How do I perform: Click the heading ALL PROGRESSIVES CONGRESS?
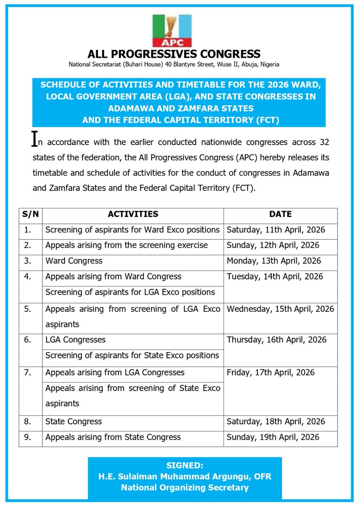pyautogui.click(x=174, y=54)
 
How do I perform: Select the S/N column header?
pyautogui.click(x=31, y=215)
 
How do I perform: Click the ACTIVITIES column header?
pyautogui.click(x=133, y=215)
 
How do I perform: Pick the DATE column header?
pyautogui.click(x=280, y=215)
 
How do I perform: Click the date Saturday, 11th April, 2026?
pyautogui.click(x=276, y=230)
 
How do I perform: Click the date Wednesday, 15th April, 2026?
pyautogui.click(x=280, y=309)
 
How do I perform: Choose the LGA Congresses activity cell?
pyautogui.click(x=76, y=340)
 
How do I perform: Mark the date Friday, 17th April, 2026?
pyautogui.click(x=270, y=373)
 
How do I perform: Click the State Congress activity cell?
pyautogui.click(x=73, y=422)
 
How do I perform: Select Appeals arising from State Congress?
pyautogui.click(x=113, y=437)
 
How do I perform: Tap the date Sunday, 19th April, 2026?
pyautogui.click(x=273, y=437)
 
